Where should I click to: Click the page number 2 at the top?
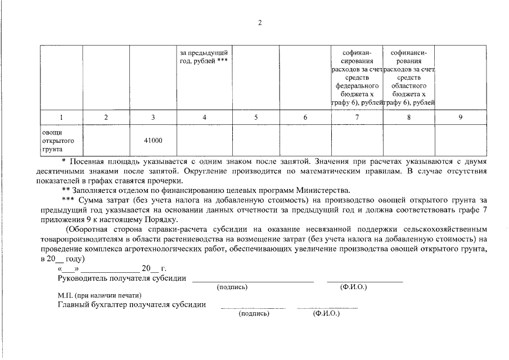click(x=259, y=22)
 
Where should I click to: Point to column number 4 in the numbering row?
click(x=204, y=117)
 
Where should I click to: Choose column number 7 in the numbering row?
click(x=357, y=117)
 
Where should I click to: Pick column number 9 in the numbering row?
click(x=460, y=117)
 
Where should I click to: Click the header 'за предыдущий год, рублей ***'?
click(x=203, y=57)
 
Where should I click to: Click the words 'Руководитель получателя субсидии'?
click(x=122, y=278)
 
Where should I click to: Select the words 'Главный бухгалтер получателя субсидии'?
click(x=131, y=305)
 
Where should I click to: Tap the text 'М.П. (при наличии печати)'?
click(x=99, y=295)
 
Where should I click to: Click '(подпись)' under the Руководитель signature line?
click(x=232, y=287)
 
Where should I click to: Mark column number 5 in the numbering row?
click(x=256, y=117)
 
